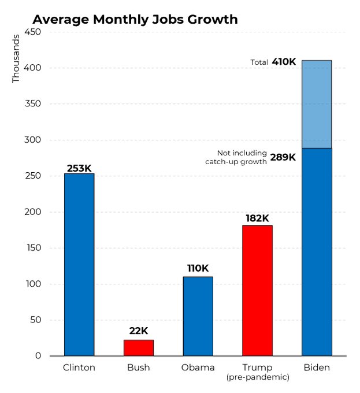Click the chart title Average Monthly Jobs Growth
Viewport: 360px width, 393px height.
pyautogui.click(x=135, y=19)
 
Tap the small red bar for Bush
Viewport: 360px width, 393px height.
pyautogui.click(x=139, y=347)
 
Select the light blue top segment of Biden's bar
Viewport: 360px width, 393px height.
pyautogui.click(x=317, y=104)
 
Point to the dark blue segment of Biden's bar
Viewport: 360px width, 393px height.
pyautogui.click(x=317, y=251)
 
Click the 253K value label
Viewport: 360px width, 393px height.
pyautogui.click(x=79, y=168)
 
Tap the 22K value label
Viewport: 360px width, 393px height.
pyautogui.click(x=139, y=331)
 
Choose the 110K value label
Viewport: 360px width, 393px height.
pyautogui.click(x=198, y=268)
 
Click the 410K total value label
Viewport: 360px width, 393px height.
pyautogui.click(x=284, y=62)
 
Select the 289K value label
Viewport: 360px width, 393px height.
pyautogui.click(x=283, y=157)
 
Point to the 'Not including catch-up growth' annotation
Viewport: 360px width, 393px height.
pyautogui.click(x=236, y=157)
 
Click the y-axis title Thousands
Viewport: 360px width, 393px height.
pyautogui.click(x=16, y=58)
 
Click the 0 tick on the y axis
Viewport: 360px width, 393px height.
pyautogui.click(x=38, y=356)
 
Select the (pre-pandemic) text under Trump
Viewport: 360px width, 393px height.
pyautogui.click(x=257, y=377)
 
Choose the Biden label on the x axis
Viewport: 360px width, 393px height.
pyautogui.click(x=317, y=368)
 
